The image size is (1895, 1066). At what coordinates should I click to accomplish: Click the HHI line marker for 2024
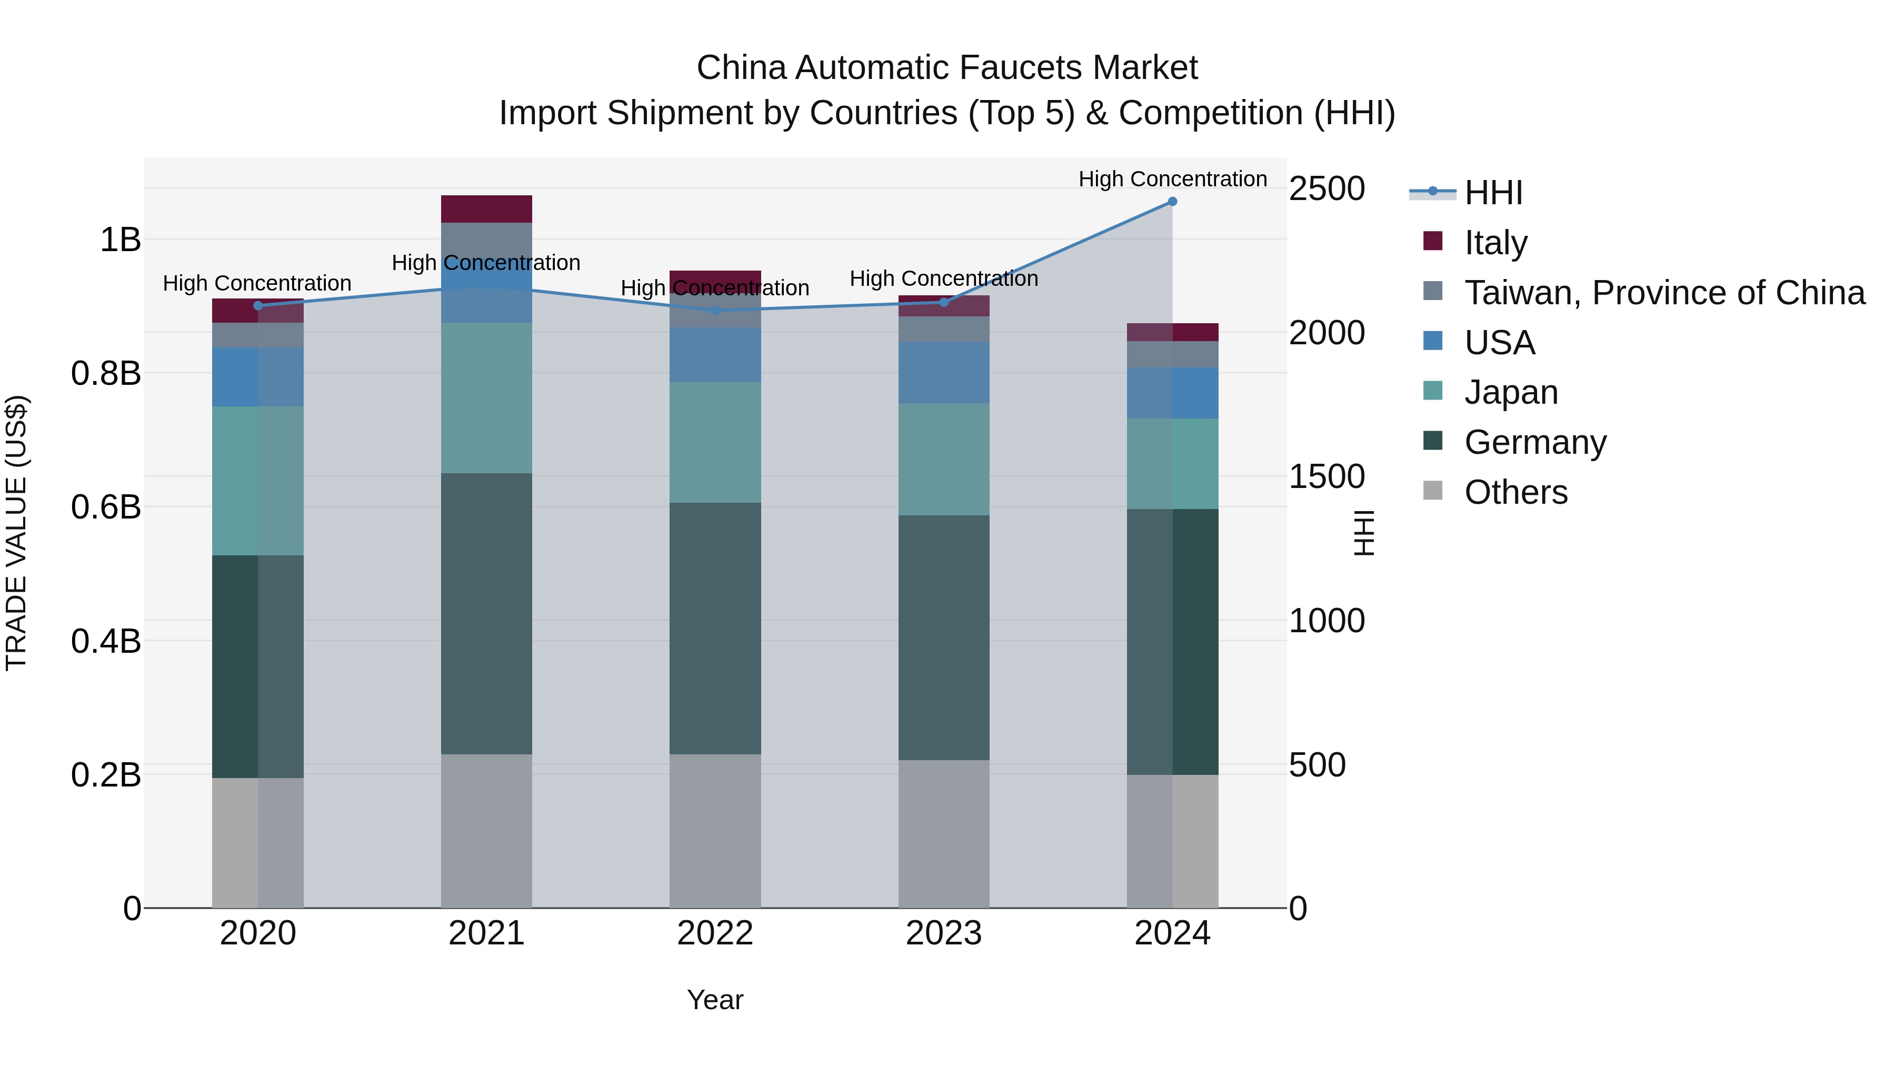pyautogui.click(x=1173, y=202)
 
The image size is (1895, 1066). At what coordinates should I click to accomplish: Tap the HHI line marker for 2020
pyautogui.click(x=257, y=306)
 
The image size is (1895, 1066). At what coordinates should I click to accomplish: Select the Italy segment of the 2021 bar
pyautogui.click(x=486, y=209)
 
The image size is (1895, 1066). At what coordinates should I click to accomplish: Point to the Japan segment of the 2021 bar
pyautogui.click(x=486, y=398)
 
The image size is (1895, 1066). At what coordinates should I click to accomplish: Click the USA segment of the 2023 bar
pyautogui.click(x=944, y=372)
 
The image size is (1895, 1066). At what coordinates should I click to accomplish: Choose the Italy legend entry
pyautogui.click(x=1495, y=242)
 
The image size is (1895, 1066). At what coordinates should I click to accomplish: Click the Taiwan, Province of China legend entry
pyautogui.click(x=1664, y=292)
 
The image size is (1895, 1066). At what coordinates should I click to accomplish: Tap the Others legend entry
pyautogui.click(x=1515, y=492)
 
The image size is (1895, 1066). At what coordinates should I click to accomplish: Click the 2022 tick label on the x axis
pyautogui.click(x=715, y=933)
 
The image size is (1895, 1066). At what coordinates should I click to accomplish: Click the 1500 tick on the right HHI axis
pyautogui.click(x=1327, y=477)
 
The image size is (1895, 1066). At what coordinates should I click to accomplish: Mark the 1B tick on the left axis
pyautogui.click(x=120, y=240)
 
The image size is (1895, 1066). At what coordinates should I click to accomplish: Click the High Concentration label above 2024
pyautogui.click(x=1173, y=179)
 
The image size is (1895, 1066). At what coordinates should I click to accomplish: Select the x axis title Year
pyautogui.click(x=715, y=1000)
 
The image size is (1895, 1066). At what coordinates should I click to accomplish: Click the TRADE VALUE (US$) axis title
pyautogui.click(x=16, y=533)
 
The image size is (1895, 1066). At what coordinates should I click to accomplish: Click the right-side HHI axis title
pyautogui.click(x=1364, y=533)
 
